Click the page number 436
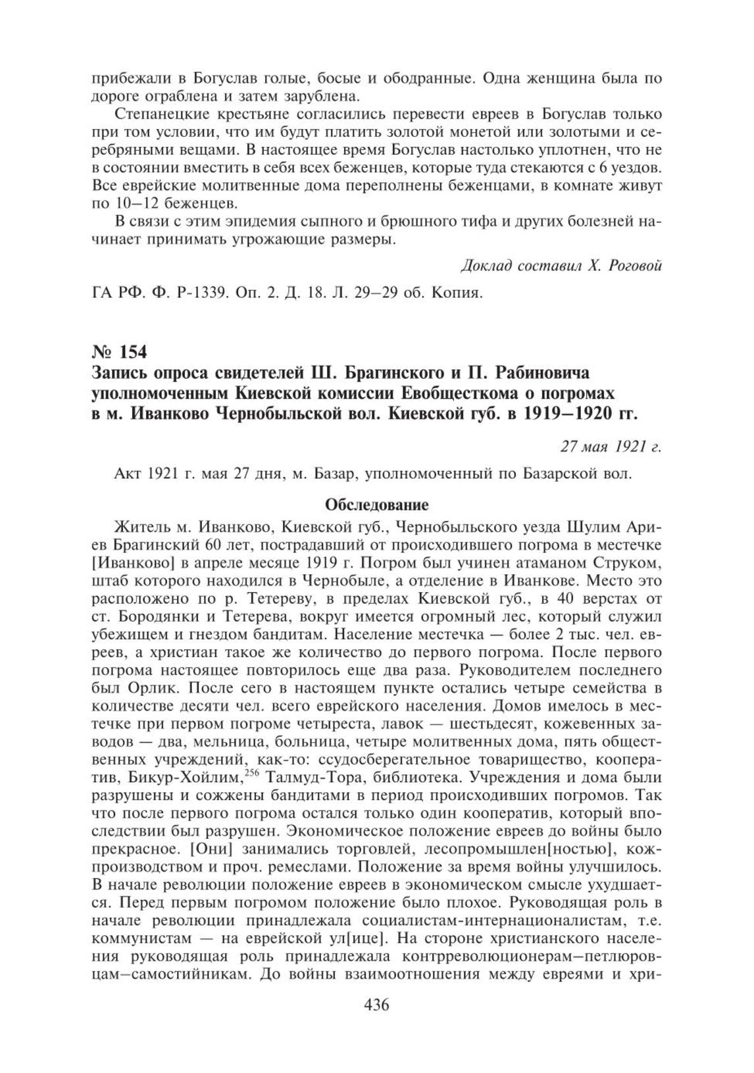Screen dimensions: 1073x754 pos(376,1024)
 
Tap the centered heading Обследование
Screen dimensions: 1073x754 pos(377,505)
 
